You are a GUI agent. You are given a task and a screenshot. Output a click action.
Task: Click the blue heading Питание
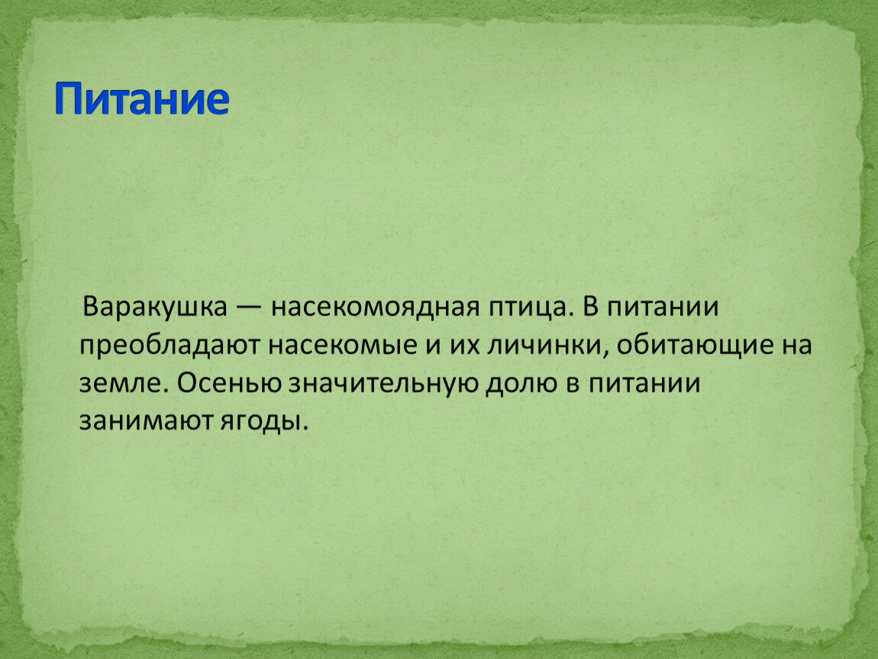pos(142,99)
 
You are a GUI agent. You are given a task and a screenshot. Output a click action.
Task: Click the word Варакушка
pos(155,307)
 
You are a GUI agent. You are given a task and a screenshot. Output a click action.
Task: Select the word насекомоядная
pos(375,307)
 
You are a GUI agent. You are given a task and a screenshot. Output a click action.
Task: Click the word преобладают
pos(169,346)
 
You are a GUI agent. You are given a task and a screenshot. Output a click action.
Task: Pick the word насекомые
pos(343,346)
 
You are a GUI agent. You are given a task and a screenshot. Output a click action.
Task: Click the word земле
pos(124,384)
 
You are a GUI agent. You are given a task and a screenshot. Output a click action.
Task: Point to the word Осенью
pos(229,384)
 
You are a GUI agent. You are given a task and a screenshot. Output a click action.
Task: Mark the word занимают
pos(146,422)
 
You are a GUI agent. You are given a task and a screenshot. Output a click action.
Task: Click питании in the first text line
pos(660,307)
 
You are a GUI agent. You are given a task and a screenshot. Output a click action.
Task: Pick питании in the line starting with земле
pos(644,384)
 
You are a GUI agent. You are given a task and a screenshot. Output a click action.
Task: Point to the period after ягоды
pos(305,429)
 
